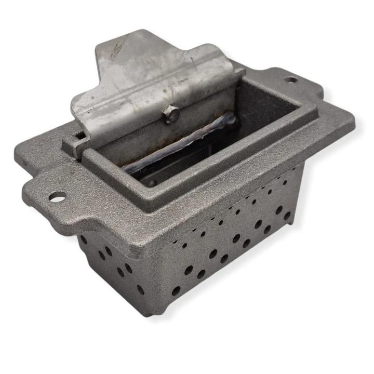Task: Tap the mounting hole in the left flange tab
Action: click(57, 197)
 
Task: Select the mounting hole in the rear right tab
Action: click(291, 80)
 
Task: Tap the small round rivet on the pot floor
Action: click(150, 182)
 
